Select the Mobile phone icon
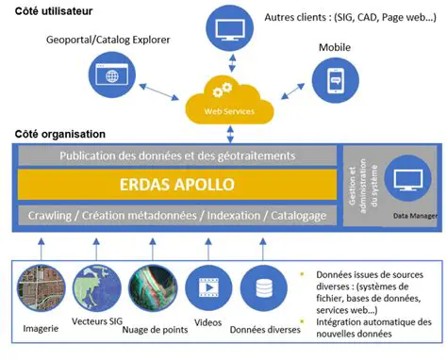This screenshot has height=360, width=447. click(337, 80)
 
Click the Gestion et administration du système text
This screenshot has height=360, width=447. click(358, 184)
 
